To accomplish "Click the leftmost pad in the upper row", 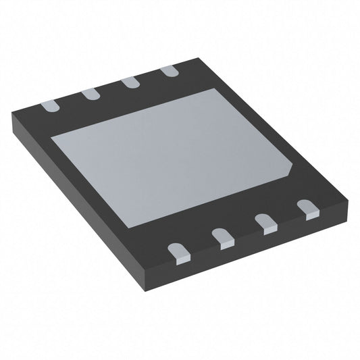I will click(x=49, y=105).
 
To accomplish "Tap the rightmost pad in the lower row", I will click(x=307, y=207).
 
